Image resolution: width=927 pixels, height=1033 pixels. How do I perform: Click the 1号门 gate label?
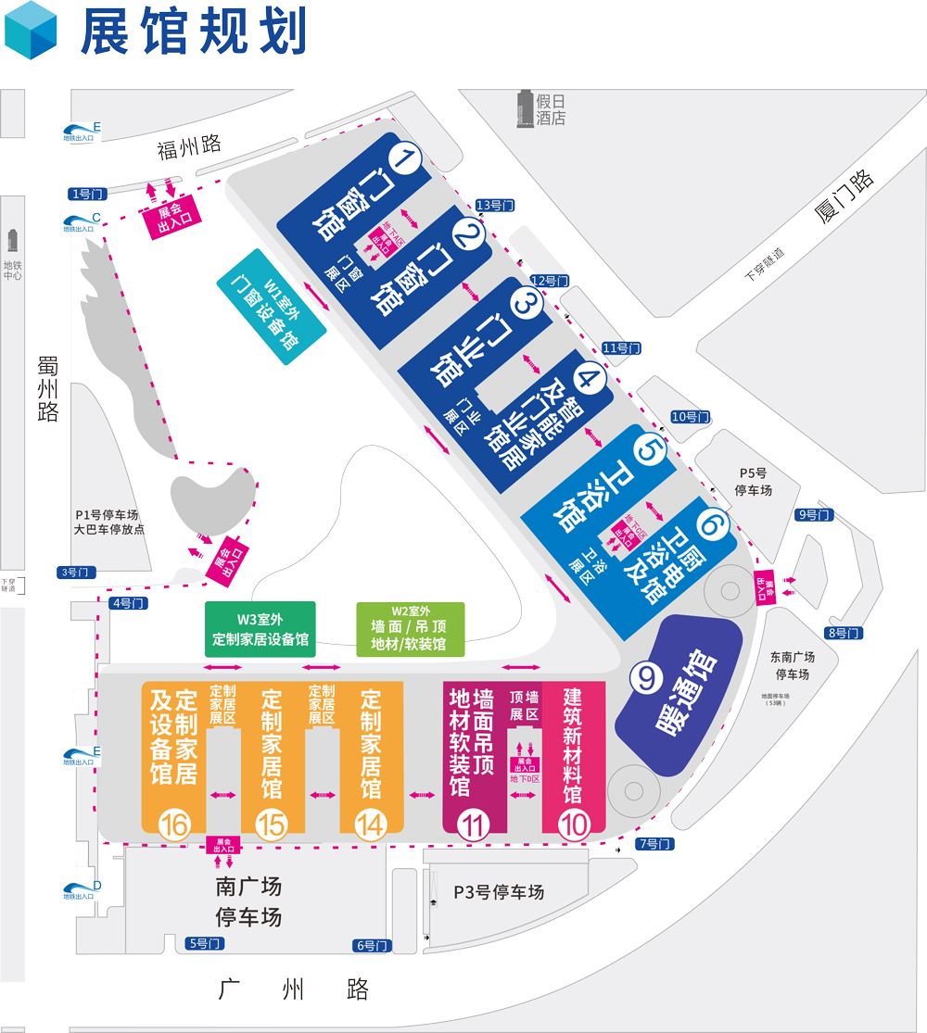(x=89, y=194)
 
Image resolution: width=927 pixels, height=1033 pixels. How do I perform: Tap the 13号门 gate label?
(x=495, y=205)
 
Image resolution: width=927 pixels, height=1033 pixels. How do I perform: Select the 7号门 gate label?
(x=654, y=844)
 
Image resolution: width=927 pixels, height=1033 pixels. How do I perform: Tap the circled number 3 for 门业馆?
(x=526, y=302)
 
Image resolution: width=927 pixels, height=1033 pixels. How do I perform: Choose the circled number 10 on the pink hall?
(x=574, y=824)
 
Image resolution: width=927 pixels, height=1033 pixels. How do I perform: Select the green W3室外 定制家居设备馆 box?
(x=260, y=629)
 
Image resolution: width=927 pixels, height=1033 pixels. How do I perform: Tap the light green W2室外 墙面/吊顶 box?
(x=411, y=629)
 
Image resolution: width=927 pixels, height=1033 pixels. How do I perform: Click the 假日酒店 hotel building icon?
(x=526, y=108)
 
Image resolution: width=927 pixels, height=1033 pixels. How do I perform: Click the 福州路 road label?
(x=189, y=145)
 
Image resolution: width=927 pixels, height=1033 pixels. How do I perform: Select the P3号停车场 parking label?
(x=498, y=892)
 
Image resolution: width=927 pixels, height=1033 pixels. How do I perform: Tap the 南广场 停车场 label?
(x=248, y=901)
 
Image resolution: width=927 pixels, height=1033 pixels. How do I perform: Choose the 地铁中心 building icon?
(x=13, y=241)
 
